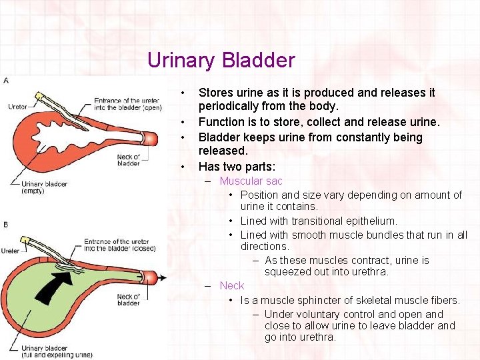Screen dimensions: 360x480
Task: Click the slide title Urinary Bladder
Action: [221, 61]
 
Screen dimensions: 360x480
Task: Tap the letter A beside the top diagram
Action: [6, 81]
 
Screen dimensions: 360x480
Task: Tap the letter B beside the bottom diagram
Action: [6, 225]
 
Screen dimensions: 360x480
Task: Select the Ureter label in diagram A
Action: [18, 107]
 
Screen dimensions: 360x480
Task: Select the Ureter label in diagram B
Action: [11, 251]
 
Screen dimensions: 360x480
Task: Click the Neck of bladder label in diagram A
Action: [128, 159]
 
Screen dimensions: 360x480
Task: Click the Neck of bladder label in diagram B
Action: [128, 299]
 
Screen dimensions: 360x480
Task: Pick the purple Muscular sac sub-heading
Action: [251, 181]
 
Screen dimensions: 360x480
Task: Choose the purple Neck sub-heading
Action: [231, 285]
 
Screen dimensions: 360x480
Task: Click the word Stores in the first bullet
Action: [216, 93]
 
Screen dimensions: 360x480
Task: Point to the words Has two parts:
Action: [237, 167]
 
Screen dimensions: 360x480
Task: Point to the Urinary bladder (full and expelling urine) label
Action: [56, 351]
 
